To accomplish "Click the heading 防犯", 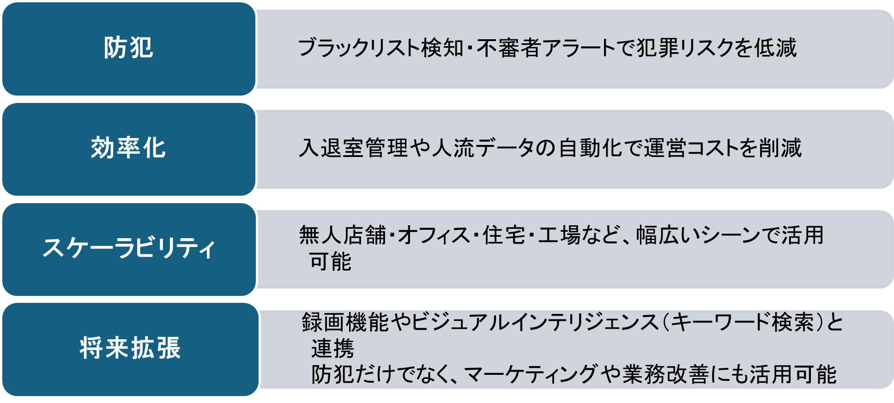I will [x=128, y=48].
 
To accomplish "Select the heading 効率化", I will [x=128, y=148].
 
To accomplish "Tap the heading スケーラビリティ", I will [x=128, y=248].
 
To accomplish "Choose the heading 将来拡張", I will [x=130, y=348].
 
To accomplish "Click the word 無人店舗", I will [x=342, y=235].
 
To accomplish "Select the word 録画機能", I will [x=345, y=322].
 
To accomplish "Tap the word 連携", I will [x=332, y=348].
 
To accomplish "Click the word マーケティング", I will [x=530, y=374].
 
